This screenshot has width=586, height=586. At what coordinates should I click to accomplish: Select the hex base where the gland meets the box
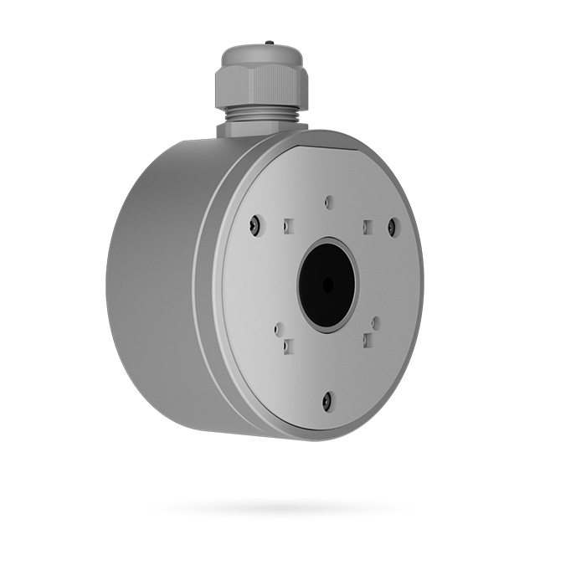point(260,129)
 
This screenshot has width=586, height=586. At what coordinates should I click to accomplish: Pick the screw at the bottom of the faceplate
point(328,401)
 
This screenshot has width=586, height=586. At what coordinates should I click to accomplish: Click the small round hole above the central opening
point(329,203)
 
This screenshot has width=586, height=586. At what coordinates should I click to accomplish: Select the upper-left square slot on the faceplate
point(288,226)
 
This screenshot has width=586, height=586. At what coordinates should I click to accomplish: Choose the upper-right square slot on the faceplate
point(367,226)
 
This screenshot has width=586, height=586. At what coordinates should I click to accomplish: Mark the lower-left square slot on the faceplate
point(288,344)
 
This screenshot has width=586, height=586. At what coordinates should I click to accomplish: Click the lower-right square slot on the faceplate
point(367,341)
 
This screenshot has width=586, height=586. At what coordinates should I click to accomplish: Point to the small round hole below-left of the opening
point(280,330)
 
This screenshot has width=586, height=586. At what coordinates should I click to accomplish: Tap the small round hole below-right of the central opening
point(376,322)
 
